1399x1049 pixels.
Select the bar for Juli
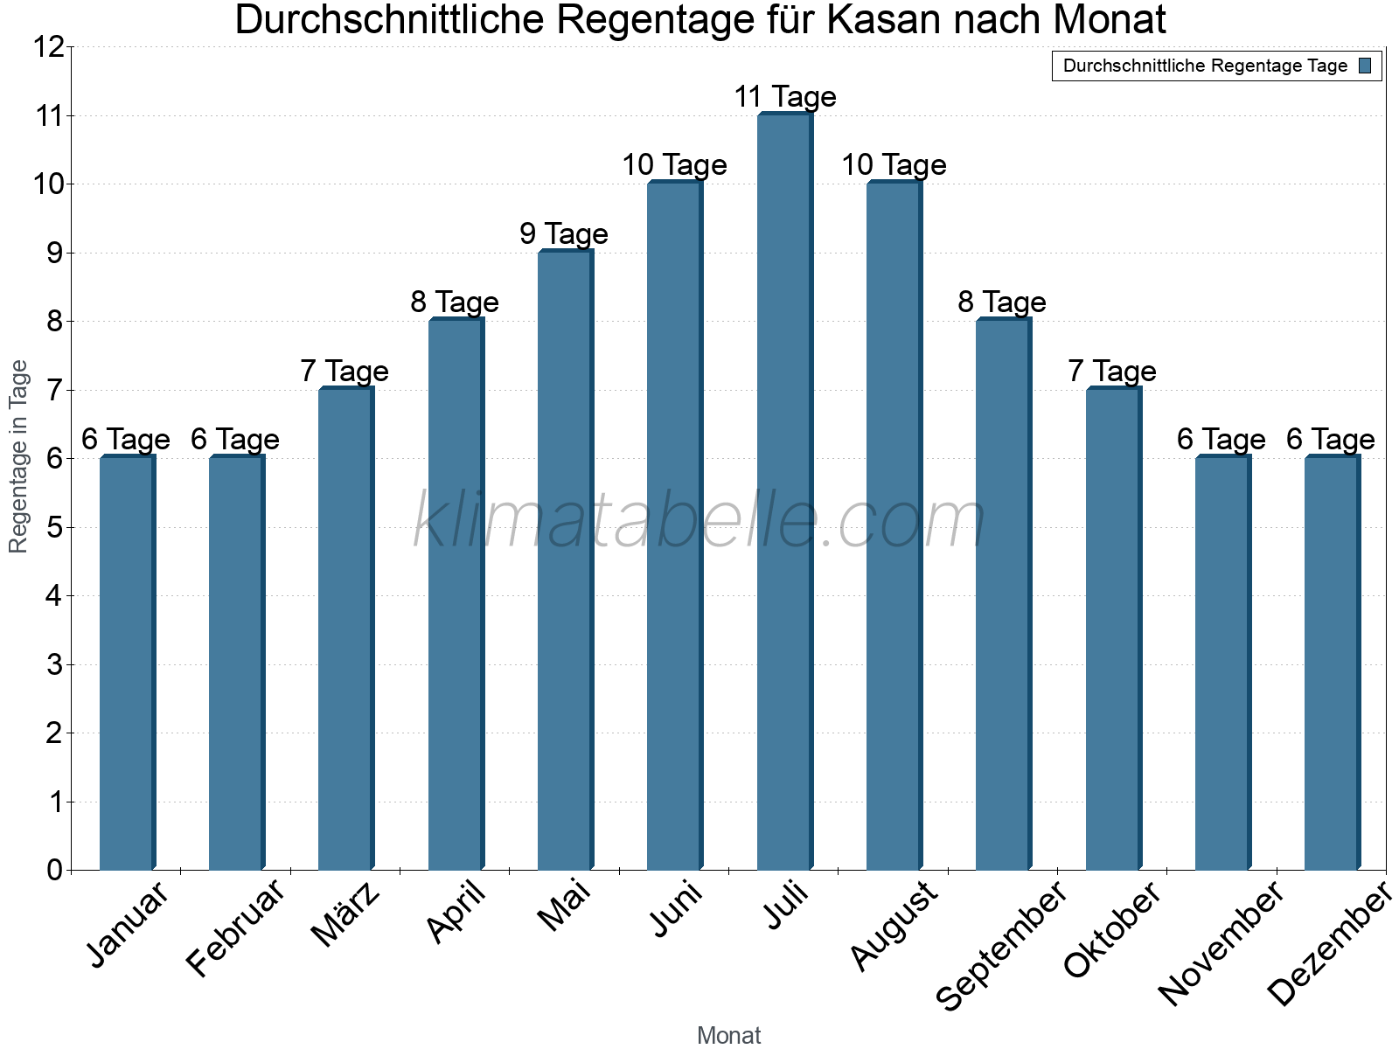(x=784, y=491)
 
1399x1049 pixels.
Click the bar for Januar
(x=127, y=663)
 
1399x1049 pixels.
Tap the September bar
(x=1003, y=594)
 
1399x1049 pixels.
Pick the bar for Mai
(x=565, y=559)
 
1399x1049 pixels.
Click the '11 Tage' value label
(x=784, y=97)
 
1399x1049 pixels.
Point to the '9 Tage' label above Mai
(x=564, y=234)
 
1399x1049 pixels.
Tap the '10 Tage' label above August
(x=894, y=165)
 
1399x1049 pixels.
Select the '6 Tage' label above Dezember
(x=1330, y=440)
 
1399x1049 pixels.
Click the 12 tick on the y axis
(x=49, y=47)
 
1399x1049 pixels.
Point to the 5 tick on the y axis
(x=54, y=528)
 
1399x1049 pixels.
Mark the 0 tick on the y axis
(x=54, y=871)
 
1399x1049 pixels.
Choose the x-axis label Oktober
(x=1112, y=929)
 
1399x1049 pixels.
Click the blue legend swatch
(x=1365, y=66)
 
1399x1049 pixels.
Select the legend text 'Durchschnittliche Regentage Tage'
(x=1205, y=66)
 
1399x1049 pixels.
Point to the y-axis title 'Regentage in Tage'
(x=19, y=456)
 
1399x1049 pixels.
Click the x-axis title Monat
(x=728, y=1035)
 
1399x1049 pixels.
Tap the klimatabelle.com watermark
(x=699, y=521)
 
